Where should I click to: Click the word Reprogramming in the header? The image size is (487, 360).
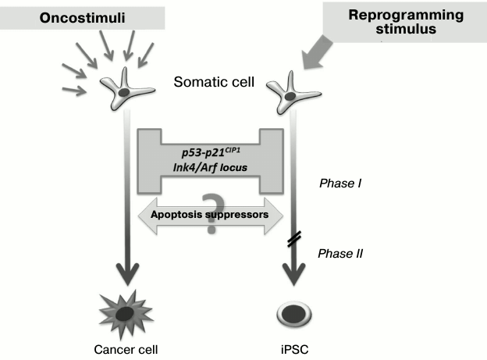[405, 16]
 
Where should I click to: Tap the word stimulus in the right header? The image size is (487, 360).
[406, 31]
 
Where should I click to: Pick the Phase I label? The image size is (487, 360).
[341, 184]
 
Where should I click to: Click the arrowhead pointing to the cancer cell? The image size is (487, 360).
[126, 273]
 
